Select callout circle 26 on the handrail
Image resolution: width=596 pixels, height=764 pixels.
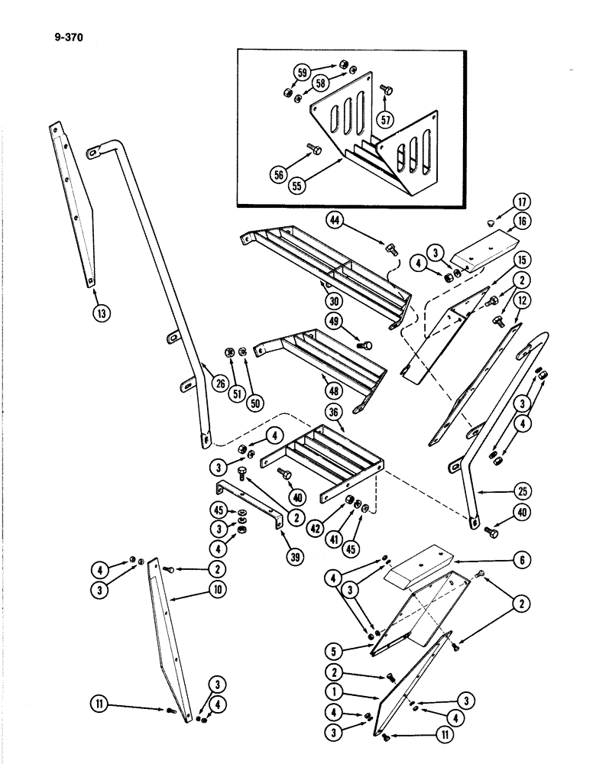click(221, 384)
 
